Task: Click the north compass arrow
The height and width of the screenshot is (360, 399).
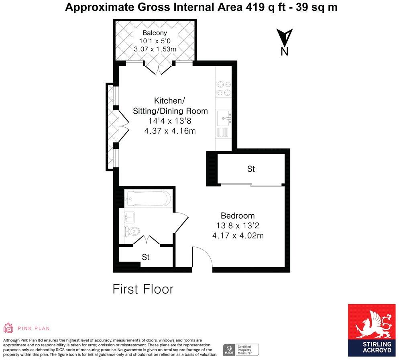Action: pos(285,38)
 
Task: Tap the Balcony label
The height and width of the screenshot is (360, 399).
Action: pos(155,33)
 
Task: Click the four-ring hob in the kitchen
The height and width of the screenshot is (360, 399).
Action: pos(224,89)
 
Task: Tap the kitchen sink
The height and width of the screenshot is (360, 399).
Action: pos(224,118)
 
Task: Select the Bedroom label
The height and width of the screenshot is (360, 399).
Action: pos(238,216)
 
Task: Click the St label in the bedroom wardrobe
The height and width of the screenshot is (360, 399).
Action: pos(251,169)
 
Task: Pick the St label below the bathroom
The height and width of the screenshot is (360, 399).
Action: pos(146,257)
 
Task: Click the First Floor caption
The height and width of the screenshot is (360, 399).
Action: pos(143,289)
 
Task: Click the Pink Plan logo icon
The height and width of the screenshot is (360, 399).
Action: pos(8,328)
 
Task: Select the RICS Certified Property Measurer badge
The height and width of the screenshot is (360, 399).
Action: pos(241,349)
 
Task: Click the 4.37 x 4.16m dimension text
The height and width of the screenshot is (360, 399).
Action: pos(170,131)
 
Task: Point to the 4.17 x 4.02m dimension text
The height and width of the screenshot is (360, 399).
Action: pos(238,236)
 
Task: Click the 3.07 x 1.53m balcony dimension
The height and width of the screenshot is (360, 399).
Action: pos(155,49)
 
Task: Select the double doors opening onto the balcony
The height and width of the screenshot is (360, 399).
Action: pos(159,68)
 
